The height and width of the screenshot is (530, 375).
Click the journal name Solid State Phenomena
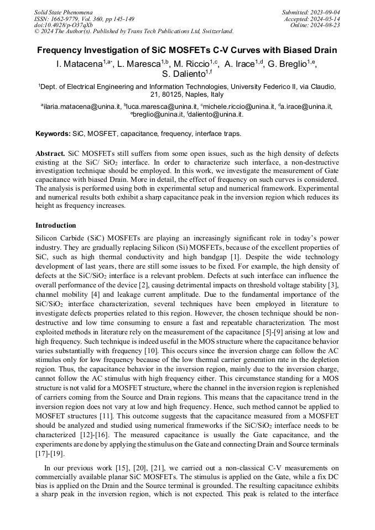[63, 12]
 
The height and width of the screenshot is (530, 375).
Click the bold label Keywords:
[53, 134]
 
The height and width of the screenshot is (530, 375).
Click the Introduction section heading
[56, 225]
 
